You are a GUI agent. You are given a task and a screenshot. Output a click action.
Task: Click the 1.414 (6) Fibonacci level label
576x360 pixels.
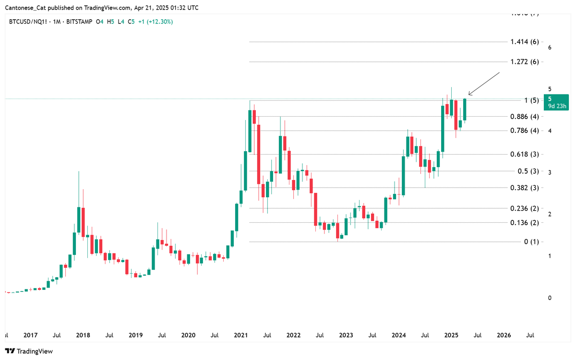click(526, 42)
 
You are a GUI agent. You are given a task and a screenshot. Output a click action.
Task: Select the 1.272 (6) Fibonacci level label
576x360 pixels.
click(526, 62)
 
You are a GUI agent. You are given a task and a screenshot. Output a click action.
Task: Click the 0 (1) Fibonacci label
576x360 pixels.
click(531, 241)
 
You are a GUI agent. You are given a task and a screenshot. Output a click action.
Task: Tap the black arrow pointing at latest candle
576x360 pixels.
click(484, 84)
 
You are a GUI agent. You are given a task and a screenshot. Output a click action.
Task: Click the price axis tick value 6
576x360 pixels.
click(549, 48)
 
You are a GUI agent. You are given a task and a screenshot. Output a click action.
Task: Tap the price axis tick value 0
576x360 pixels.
click(549, 298)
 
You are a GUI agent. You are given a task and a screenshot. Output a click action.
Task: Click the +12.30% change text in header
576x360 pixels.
click(160, 22)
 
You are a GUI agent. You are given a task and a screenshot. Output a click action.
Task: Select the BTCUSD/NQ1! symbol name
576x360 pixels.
click(27, 22)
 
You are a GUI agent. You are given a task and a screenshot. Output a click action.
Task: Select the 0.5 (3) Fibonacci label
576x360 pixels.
click(528, 171)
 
